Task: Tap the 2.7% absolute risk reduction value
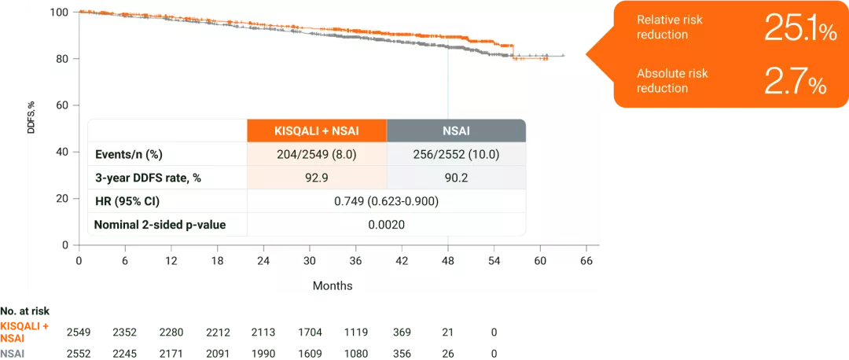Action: click(x=795, y=81)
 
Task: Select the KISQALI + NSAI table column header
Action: click(x=317, y=130)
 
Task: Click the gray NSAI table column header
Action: click(x=456, y=130)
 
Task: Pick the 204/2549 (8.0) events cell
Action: click(x=317, y=154)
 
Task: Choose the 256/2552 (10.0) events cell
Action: click(x=456, y=154)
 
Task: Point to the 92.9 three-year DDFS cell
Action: click(x=317, y=178)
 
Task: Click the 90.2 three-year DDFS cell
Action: click(x=456, y=178)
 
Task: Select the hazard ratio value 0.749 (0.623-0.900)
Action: click(x=387, y=201)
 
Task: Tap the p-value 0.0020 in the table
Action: click(x=387, y=225)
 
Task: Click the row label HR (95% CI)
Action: click(x=127, y=201)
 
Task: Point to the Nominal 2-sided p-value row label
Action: click(x=160, y=225)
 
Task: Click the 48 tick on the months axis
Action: click(x=447, y=260)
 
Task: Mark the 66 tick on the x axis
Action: click(x=586, y=260)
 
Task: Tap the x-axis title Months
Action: click(x=333, y=285)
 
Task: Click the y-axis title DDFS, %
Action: click(x=32, y=116)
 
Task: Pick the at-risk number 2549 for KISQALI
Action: click(x=79, y=332)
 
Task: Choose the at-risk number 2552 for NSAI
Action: click(x=79, y=353)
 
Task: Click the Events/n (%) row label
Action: click(x=128, y=154)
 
